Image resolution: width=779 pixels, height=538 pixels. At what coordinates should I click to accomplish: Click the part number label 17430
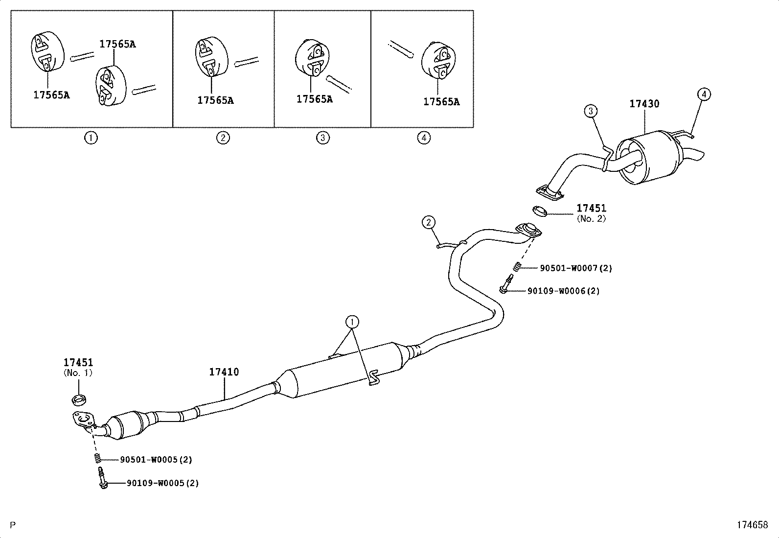[644, 104]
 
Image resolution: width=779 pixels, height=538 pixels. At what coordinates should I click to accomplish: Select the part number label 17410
[224, 372]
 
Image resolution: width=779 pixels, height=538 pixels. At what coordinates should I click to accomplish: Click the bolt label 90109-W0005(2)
[162, 483]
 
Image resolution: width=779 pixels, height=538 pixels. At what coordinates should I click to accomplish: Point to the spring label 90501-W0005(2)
[156, 460]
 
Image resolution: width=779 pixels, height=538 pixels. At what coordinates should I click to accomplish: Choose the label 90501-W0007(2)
[576, 268]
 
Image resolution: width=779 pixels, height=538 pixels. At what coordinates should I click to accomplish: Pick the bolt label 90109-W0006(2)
[563, 291]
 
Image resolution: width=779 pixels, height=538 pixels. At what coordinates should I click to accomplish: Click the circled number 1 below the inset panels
[91, 138]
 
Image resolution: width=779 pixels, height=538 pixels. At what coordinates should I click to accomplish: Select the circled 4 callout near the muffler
[703, 94]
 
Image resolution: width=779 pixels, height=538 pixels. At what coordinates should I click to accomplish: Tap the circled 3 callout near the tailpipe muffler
[591, 111]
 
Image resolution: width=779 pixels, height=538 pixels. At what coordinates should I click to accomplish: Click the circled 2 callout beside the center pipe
[429, 223]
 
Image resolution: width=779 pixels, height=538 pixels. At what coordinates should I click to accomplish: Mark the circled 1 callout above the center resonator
[352, 322]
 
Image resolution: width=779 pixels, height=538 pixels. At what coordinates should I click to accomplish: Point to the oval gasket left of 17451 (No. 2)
[539, 211]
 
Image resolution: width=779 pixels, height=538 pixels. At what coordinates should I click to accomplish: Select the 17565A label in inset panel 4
[441, 102]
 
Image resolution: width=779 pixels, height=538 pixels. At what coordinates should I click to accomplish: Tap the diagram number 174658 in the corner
[753, 525]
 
